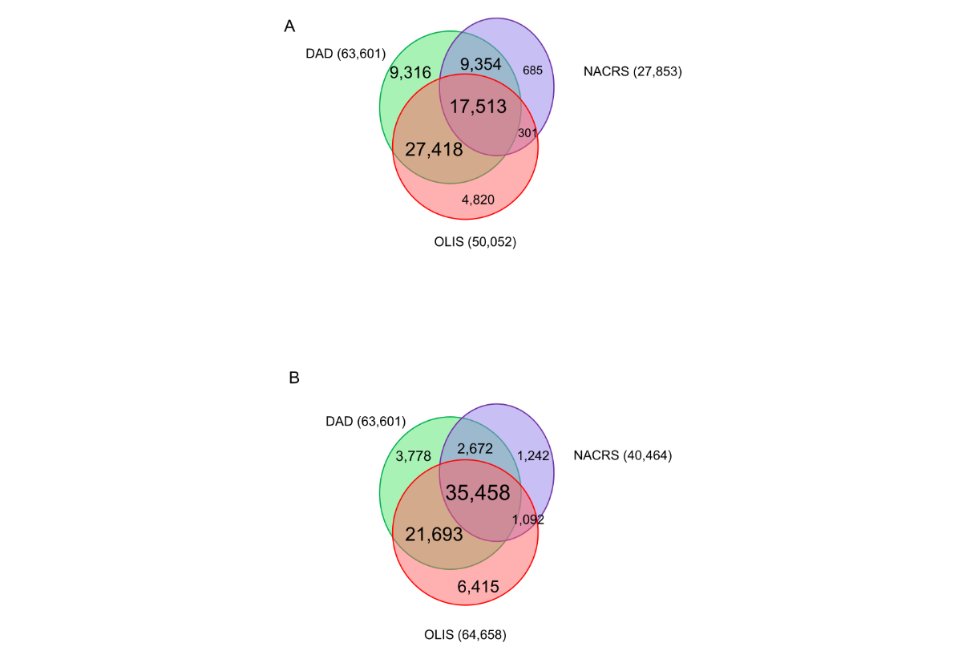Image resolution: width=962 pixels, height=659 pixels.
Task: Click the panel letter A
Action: [289, 26]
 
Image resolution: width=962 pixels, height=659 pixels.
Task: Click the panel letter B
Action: [293, 377]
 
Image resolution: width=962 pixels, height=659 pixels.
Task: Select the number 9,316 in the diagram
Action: [410, 73]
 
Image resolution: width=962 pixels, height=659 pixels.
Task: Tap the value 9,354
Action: [482, 65]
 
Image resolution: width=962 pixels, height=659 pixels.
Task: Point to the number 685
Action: [532, 70]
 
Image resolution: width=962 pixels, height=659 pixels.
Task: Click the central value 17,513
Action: [479, 107]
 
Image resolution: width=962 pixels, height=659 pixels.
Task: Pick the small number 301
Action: [527, 132]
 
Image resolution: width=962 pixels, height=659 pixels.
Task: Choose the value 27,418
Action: [434, 148]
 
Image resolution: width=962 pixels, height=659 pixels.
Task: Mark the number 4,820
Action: [478, 199]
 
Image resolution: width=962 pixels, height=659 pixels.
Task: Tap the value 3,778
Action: [414, 456]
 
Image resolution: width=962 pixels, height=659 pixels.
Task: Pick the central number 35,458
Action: [478, 492]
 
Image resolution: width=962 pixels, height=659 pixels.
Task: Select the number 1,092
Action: [527, 520]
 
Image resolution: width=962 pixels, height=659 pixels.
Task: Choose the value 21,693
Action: [434, 534]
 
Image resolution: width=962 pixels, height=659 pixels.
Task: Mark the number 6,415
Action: [478, 588]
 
